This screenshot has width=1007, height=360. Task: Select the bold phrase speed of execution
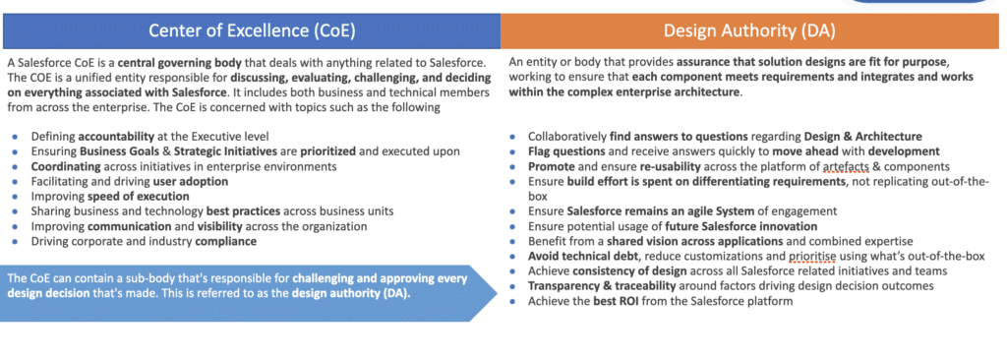[126, 197]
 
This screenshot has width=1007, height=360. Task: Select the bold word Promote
[551, 166]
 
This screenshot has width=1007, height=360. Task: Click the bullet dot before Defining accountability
[15, 137]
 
